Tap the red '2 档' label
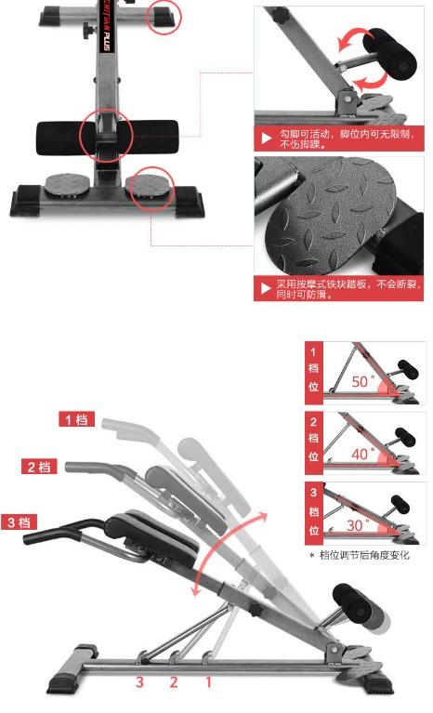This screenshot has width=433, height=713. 38,466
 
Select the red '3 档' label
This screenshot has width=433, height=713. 19,522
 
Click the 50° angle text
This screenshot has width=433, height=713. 363,381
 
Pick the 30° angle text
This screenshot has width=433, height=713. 358,524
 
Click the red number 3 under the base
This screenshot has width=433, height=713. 140,682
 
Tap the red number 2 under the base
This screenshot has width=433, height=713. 174,682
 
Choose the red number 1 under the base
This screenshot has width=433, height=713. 208,682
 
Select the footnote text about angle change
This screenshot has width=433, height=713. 364,556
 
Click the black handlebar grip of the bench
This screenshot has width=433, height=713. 46,536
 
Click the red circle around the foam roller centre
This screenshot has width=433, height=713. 105,137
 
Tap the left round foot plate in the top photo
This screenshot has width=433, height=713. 67,185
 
